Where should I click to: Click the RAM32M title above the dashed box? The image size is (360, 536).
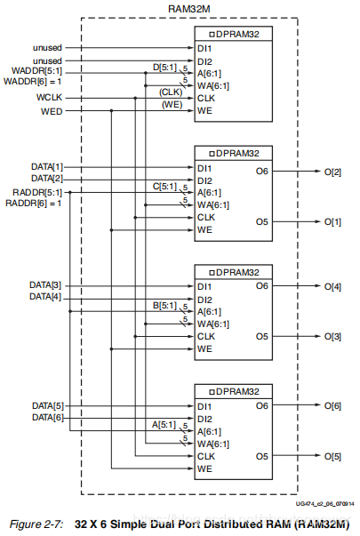189,9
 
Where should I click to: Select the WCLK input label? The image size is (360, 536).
49,98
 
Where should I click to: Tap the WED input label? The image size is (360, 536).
52,111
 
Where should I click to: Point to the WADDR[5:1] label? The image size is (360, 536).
37,71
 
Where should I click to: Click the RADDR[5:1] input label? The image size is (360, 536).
37,193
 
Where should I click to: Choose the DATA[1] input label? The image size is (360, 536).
47,167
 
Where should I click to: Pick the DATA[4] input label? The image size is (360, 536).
45,296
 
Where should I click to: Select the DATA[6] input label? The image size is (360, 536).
48,418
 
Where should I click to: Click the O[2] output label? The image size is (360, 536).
332,172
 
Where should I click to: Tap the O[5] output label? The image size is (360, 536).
332,456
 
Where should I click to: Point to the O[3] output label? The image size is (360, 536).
332,336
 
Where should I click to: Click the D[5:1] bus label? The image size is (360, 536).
164,68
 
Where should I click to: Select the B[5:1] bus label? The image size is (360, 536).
164,305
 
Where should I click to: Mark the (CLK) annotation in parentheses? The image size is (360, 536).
171,92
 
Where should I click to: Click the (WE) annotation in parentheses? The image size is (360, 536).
172,105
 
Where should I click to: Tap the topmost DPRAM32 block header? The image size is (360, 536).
234,34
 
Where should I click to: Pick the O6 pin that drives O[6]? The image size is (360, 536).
262,405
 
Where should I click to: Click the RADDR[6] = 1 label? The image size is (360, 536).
34,204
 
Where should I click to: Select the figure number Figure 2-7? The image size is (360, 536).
36,524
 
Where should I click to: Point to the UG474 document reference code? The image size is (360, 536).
324,504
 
